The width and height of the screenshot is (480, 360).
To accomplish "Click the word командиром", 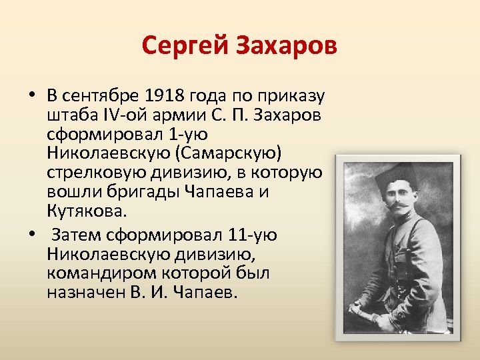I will (89, 273).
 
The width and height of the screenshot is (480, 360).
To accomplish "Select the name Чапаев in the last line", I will (209, 293).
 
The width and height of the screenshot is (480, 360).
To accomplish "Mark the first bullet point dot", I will (31, 95).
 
